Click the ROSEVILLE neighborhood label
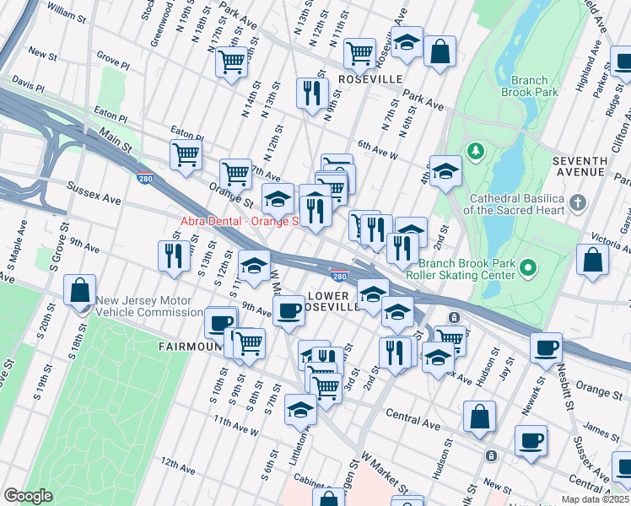click(x=369, y=78)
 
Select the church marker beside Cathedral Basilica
click(x=577, y=202)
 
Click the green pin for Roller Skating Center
click(x=528, y=268)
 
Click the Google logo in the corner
click(x=28, y=495)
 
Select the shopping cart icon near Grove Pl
click(x=232, y=61)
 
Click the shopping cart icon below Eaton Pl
click(x=186, y=154)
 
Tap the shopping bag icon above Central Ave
click(x=479, y=416)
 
